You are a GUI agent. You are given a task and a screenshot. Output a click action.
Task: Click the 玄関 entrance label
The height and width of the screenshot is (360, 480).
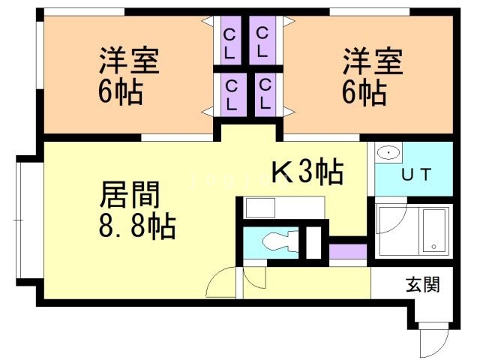click(422, 284)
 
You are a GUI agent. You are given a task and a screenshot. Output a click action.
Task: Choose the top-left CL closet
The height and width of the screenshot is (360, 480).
click(230, 43)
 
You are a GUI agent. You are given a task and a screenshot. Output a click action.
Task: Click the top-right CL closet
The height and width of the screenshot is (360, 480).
click(262, 43)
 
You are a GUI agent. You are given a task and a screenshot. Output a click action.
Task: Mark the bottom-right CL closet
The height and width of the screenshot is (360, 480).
click(264, 94)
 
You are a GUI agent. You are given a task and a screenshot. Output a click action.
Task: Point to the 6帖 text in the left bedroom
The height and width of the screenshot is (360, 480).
click(120, 93)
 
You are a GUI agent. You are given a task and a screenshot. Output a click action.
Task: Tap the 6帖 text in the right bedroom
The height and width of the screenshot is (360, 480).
click(364, 93)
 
